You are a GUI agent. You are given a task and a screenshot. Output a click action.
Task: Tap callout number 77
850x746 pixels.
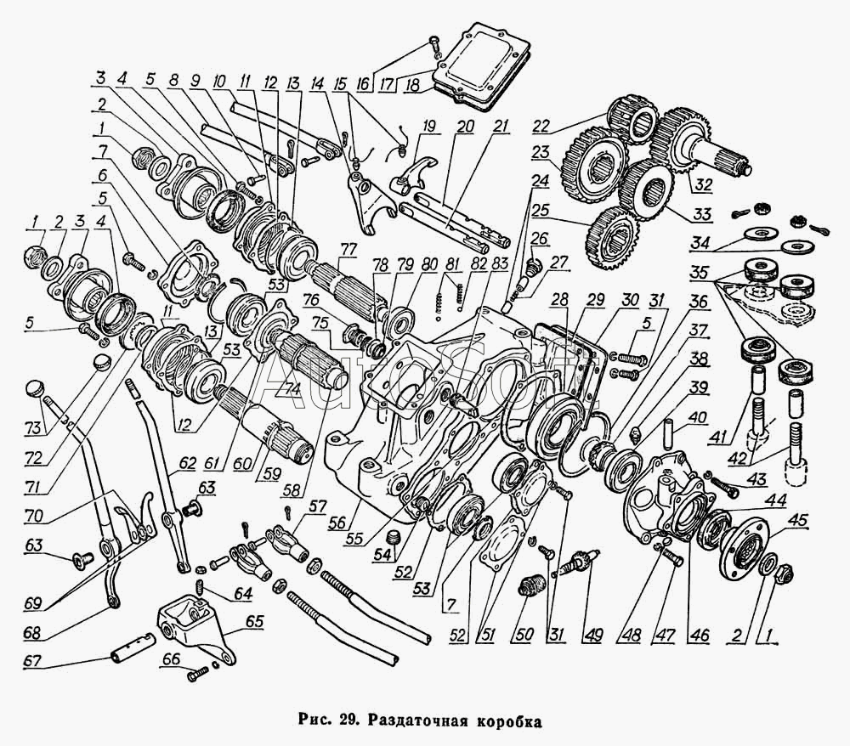(350, 251)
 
